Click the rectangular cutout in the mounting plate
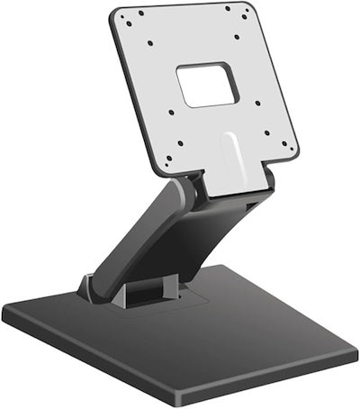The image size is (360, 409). [208, 85]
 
